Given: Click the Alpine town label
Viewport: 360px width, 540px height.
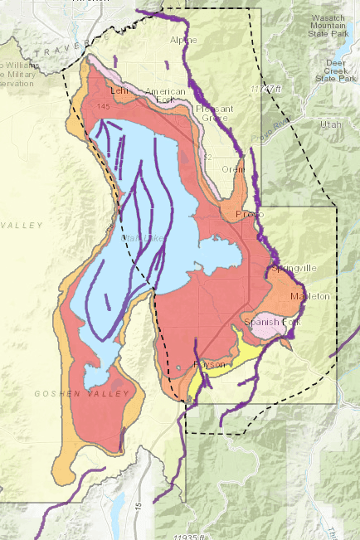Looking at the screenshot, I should click(x=184, y=40).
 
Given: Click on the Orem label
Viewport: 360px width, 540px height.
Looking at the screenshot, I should click(x=234, y=169).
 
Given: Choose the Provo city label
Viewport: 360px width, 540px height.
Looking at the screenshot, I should click(x=249, y=214).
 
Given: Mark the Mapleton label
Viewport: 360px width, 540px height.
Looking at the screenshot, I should click(x=310, y=296).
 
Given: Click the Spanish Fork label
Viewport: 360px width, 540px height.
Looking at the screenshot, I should click(x=265, y=321).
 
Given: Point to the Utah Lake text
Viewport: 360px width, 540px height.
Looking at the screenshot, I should click(x=144, y=239).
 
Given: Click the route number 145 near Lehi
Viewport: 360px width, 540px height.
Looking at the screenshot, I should click(x=103, y=107).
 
